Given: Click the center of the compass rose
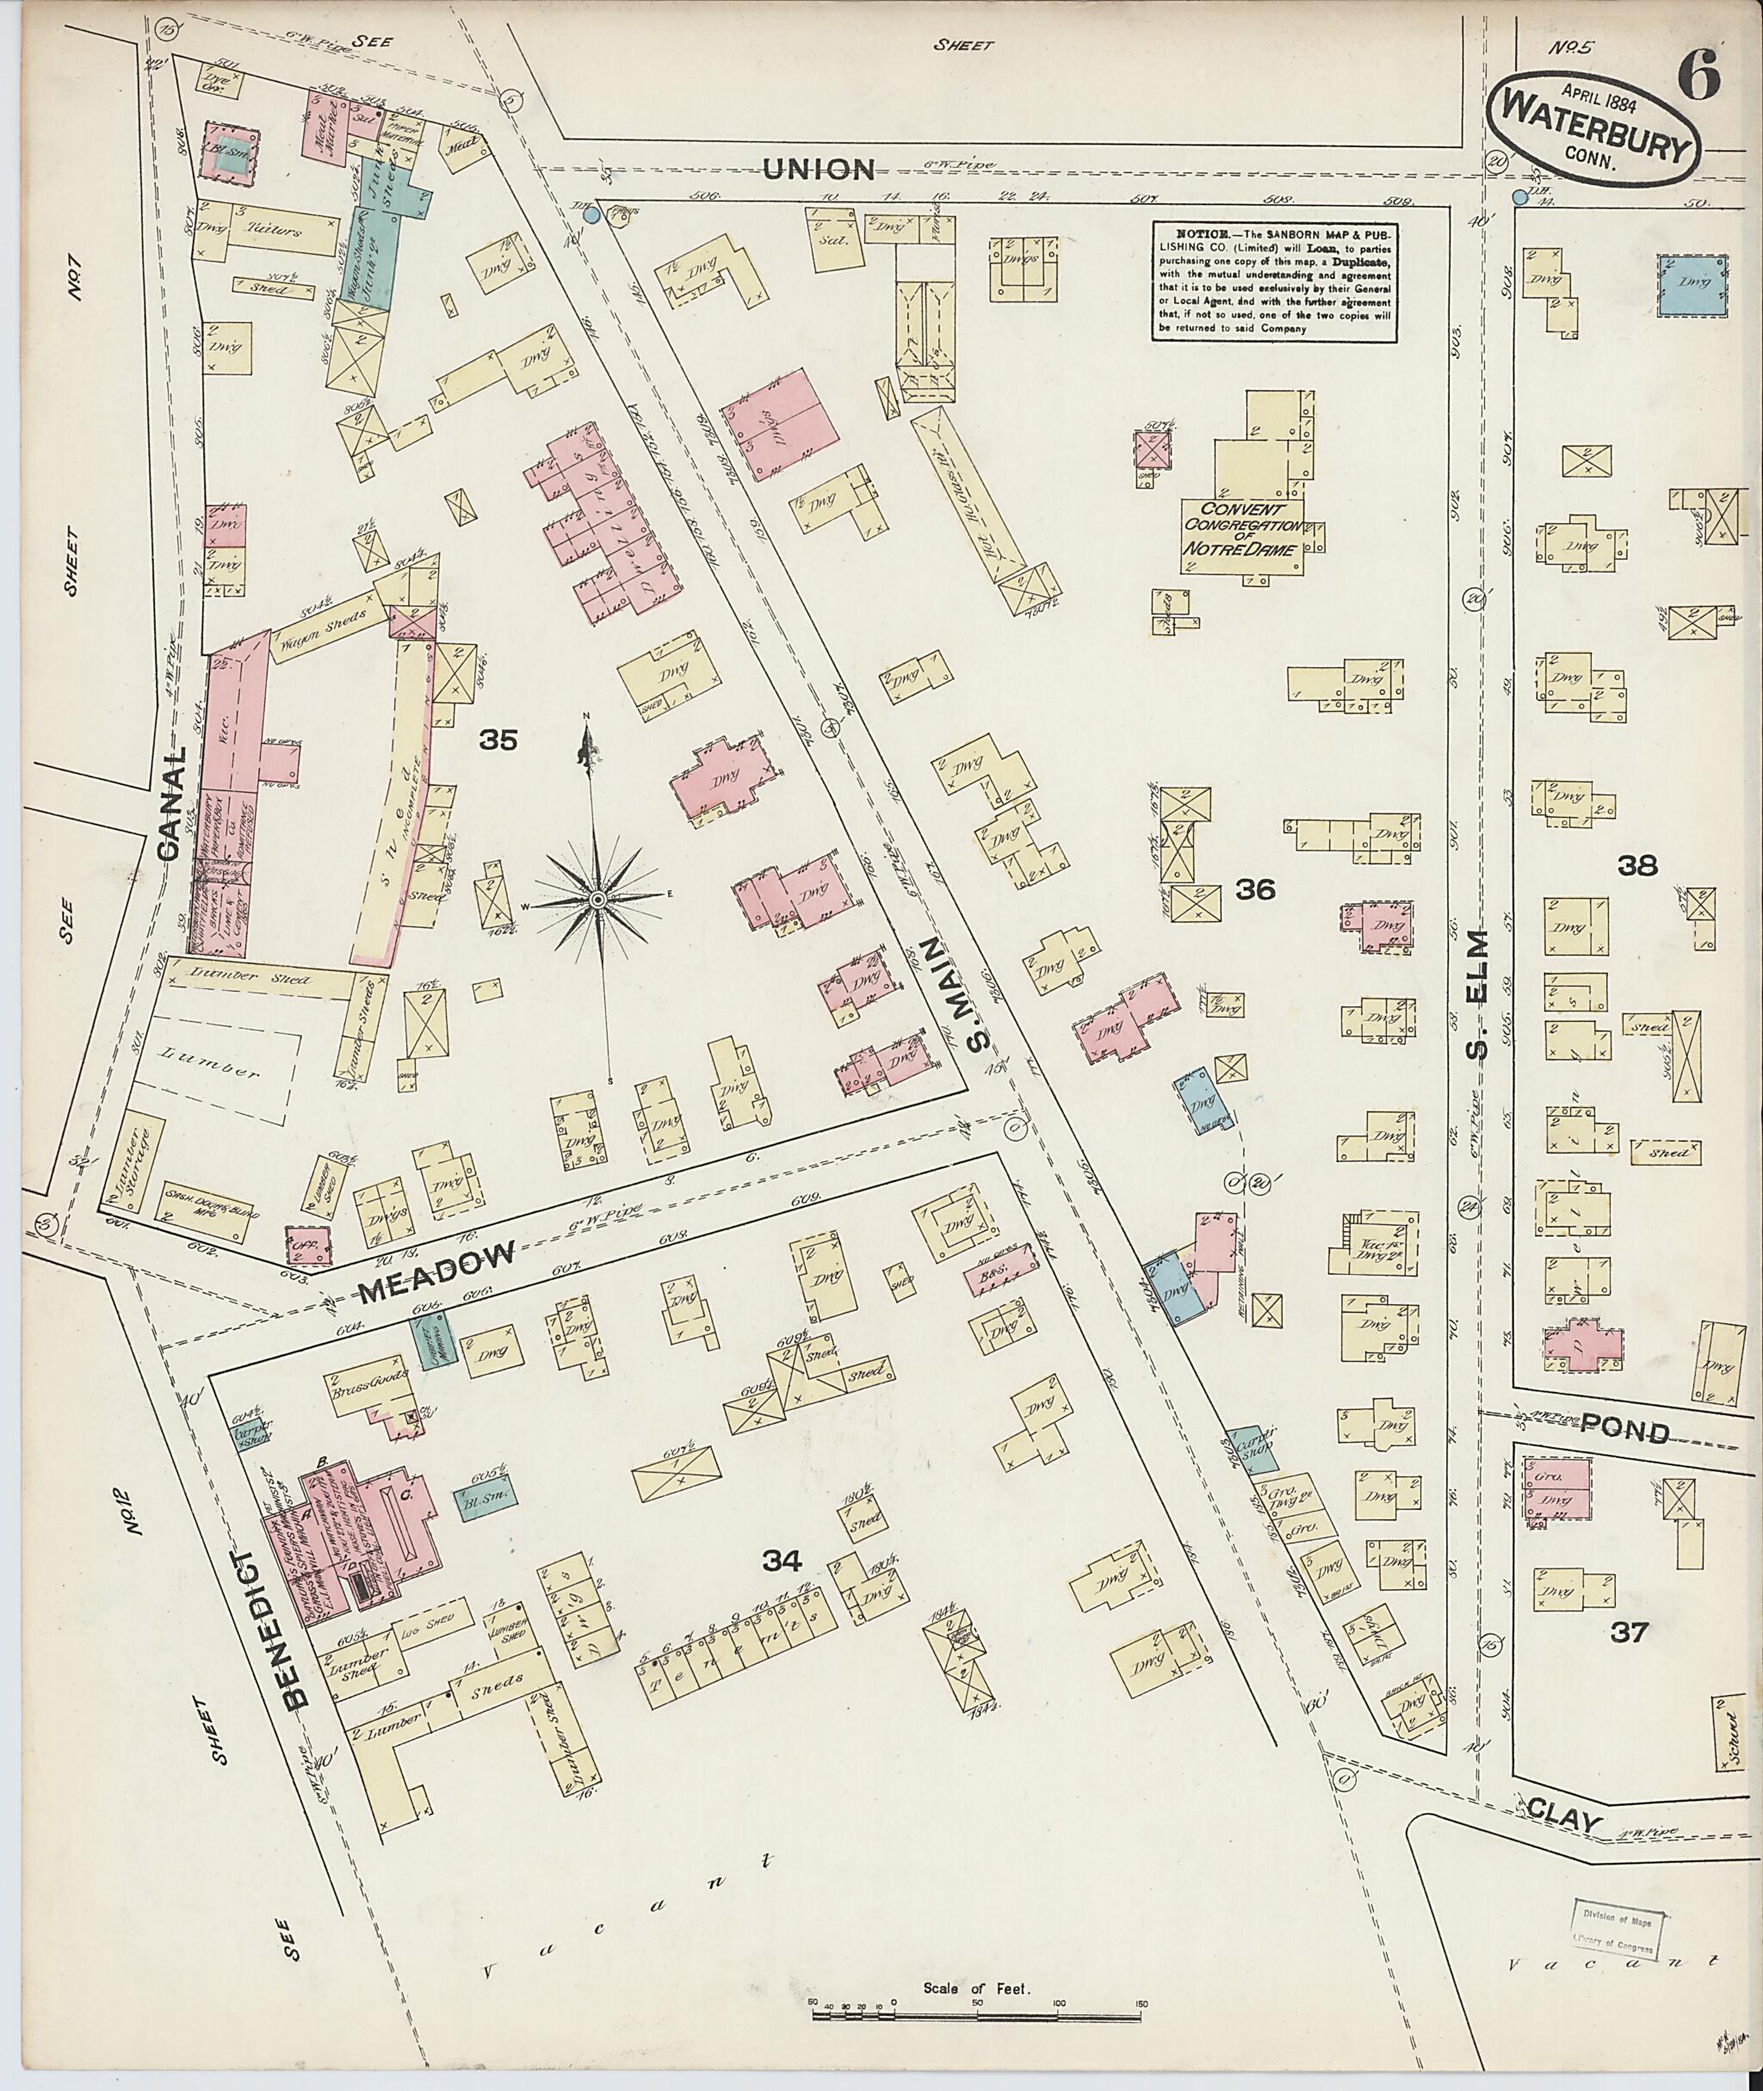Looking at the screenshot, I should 597,900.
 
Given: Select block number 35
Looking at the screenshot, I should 498,739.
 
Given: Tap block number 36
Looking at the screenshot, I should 1255,888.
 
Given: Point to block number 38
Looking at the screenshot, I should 1638,866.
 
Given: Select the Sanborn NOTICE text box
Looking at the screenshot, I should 1274,281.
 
